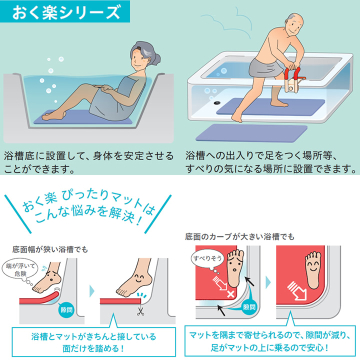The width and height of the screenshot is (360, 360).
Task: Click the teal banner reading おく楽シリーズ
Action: (x=64, y=11)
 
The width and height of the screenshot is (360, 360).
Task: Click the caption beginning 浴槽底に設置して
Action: (x=89, y=161)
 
